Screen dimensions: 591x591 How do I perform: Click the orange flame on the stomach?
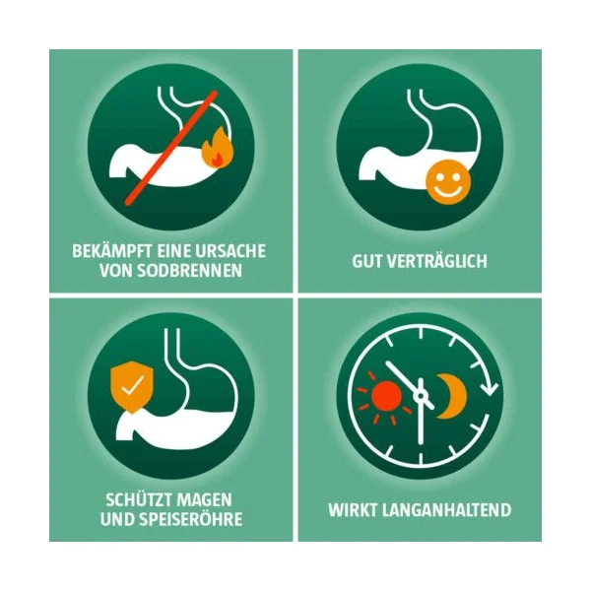pos(218,148)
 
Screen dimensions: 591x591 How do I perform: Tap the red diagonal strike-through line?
pos(171,148)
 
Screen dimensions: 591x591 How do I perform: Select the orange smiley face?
pos(448,182)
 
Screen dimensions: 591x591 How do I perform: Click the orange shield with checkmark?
pos(132,386)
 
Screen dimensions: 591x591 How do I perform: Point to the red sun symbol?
pos(386,396)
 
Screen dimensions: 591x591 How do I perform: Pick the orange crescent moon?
pos(452,396)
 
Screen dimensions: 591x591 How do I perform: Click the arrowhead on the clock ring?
pos(490,388)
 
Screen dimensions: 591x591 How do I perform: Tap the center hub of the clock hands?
pos(421,396)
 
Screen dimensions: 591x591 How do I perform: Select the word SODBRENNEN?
pos(189,270)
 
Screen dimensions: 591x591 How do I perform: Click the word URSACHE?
pos(230,251)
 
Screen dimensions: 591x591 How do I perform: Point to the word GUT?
pos(367,261)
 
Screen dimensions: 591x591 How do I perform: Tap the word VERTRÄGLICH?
pos(437,260)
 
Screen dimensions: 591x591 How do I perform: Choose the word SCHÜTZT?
pos(139,499)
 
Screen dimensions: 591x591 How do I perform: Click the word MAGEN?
pos(205,500)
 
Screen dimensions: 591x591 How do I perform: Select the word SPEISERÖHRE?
pos(191,519)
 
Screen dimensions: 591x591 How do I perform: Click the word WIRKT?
pos(353,510)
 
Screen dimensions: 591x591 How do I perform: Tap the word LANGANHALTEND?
pos(446,510)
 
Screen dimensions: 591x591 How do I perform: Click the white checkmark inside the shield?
pos(132,385)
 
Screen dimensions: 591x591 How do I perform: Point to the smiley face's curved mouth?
pos(448,190)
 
